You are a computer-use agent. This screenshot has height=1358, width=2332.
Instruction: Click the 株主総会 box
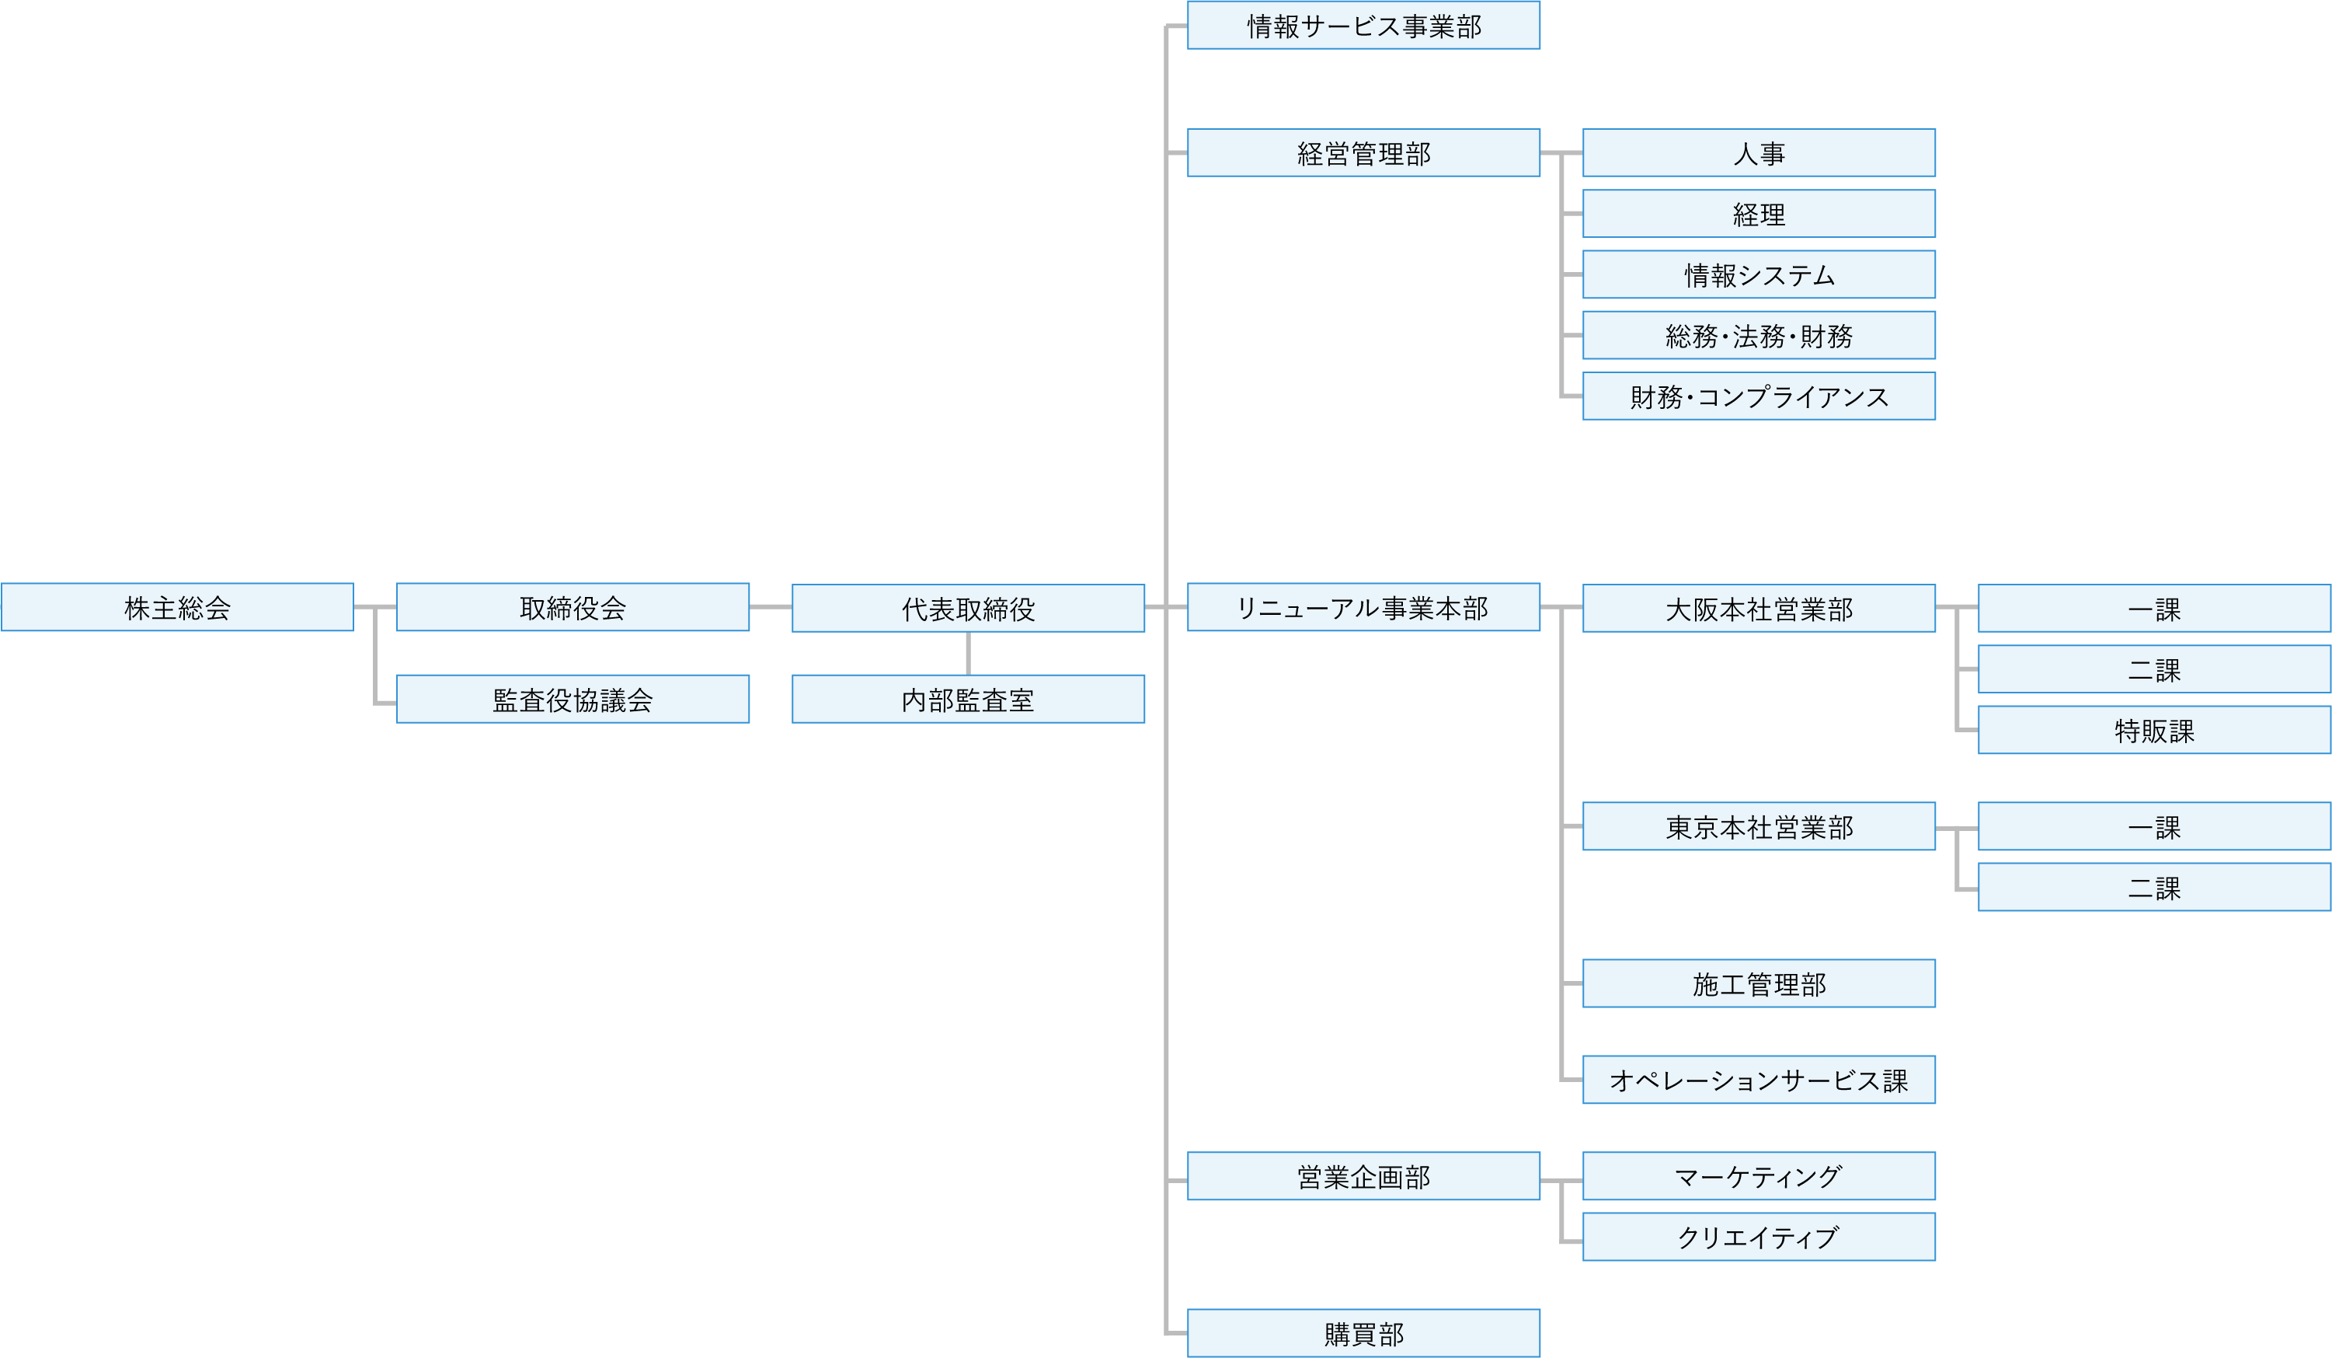[177, 607]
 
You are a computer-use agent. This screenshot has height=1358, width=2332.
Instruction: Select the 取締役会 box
[572, 607]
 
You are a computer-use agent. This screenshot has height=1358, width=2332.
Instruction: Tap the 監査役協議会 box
[572, 699]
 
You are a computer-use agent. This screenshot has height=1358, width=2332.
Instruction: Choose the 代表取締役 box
[968, 608]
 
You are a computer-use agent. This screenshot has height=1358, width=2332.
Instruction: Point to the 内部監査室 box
[968, 699]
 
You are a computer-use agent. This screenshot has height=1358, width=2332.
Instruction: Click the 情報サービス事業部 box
[1363, 25]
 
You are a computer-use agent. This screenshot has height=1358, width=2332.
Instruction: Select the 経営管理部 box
[1363, 152]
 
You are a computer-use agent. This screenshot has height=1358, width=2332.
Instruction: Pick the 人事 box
[1758, 152]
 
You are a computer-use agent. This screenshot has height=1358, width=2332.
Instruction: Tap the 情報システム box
[1758, 274]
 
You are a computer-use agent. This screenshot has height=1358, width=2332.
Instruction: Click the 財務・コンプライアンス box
[1758, 396]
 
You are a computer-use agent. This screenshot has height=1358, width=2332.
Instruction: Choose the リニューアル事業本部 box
[1363, 607]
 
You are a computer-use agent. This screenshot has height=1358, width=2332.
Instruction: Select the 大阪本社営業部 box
[1758, 608]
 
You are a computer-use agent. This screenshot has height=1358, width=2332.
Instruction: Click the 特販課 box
[2153, 731]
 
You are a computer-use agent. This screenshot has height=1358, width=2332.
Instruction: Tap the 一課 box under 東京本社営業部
[2153, 826]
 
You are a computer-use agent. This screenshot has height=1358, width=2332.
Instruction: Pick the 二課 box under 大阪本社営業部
[2153, 669]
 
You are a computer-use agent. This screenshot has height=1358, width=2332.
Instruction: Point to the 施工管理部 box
[1758, 983]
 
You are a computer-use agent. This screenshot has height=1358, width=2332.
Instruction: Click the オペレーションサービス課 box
[1758, 1080]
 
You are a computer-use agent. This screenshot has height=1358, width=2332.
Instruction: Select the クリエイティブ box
[1758, 1237]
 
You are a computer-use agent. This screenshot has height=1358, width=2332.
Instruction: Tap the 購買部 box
[1363, 1333]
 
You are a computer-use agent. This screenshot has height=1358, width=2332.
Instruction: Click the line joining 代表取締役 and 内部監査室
[968, 654]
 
